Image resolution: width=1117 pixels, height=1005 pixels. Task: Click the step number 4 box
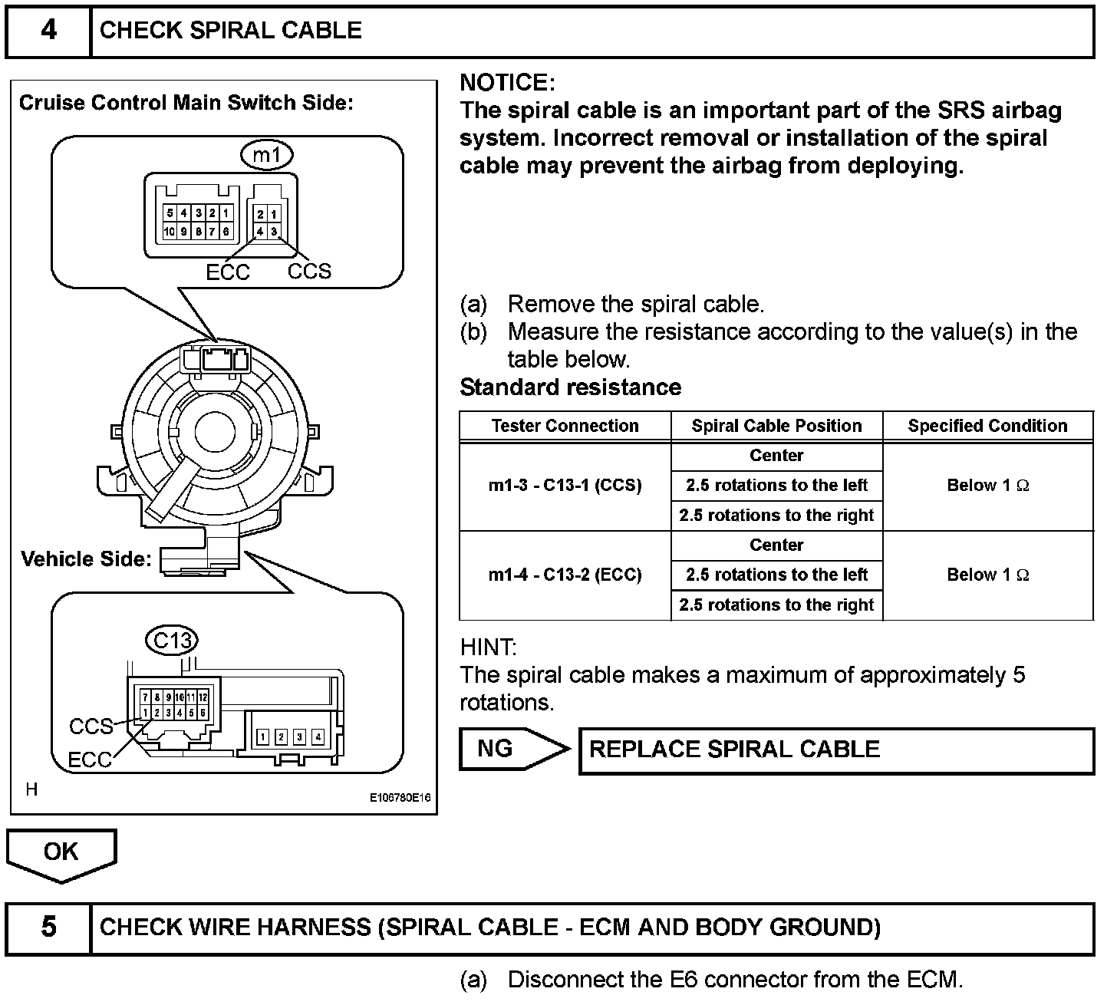[x=48, y=31]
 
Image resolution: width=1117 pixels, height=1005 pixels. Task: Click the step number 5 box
[x=48, y=928]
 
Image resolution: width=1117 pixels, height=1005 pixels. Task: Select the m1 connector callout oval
[x=267, y=155]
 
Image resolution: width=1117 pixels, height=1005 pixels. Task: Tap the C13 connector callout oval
[x=172, y=640]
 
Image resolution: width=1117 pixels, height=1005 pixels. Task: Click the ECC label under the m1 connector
[x=228, y=272]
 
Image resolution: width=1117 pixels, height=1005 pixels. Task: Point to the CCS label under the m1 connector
[x=309, y=271]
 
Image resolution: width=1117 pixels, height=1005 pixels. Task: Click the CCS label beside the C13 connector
[x=91, y=726]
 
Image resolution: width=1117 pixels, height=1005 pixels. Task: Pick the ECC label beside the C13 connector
[x=90, y=760]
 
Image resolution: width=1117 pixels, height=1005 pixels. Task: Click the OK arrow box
[x=61, y=853]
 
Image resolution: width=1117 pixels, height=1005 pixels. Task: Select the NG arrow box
[x=510, y=749]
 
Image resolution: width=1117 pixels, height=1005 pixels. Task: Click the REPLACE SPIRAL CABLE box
[x=835, y=750]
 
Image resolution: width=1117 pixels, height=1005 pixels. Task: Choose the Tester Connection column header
[x=565, y=427]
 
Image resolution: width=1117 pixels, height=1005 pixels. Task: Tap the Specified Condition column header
[x=987, y=427]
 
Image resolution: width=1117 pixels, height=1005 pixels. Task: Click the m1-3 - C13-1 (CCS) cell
[x=565, y=486]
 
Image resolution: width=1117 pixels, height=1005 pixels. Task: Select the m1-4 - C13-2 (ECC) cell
[x=565, y=575]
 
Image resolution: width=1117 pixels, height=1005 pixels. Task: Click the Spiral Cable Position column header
[x=776, y=427]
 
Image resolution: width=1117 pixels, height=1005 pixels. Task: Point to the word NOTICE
[x=506, y=83]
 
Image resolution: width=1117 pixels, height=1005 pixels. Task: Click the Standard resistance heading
[x=570, y=387]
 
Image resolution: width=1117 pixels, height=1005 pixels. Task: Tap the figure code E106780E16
[x=400, y=798]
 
